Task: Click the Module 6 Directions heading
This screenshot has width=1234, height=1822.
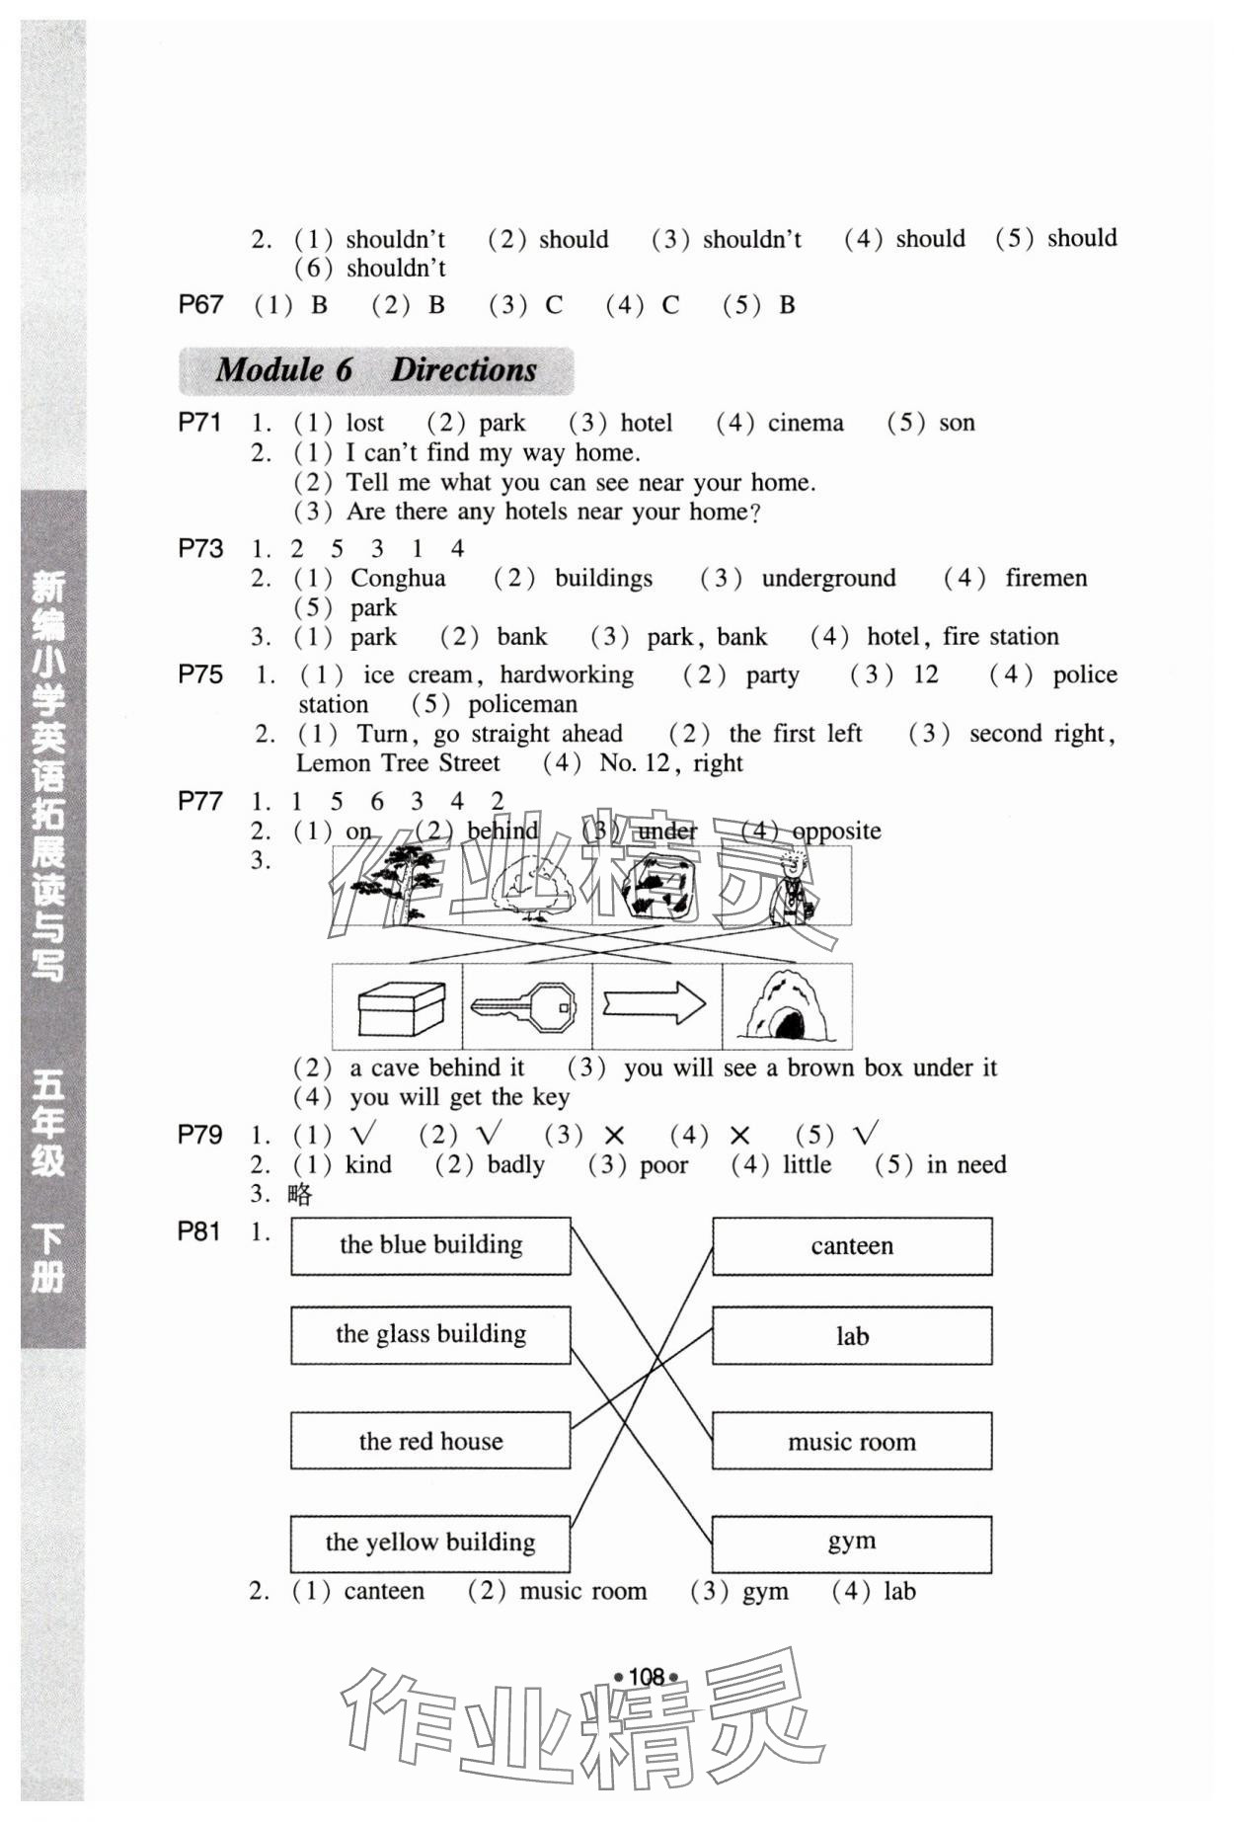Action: [376, 370]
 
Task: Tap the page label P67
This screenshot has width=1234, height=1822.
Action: [200, 305]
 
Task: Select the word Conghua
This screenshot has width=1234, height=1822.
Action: [398, 578]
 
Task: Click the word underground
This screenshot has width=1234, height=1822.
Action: [828, 578]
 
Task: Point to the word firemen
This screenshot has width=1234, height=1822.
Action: [1045, 578]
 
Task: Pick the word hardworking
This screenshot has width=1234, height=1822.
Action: [567, 674]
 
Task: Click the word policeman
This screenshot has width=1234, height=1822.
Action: [522, 704]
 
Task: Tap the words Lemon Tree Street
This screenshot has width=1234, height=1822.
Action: [398, 763]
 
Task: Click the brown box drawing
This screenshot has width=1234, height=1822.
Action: [400, 1007]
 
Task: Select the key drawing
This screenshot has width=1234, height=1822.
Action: [524, 1007]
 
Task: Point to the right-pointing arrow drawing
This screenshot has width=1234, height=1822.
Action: [655, 1006]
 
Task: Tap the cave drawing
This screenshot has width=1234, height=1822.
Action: [786, 1007]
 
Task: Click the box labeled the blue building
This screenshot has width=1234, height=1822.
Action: [430, 1245]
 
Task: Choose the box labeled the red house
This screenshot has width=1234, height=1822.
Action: [430, 1441]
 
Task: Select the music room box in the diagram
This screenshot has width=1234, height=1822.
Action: [851, 1442]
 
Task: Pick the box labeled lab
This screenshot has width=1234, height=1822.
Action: [851, 1336]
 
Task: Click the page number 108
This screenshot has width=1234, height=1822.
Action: [647, 1676]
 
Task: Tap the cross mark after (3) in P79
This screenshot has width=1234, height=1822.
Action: [614, 1137]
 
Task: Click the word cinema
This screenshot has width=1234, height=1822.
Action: [806, 424]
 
